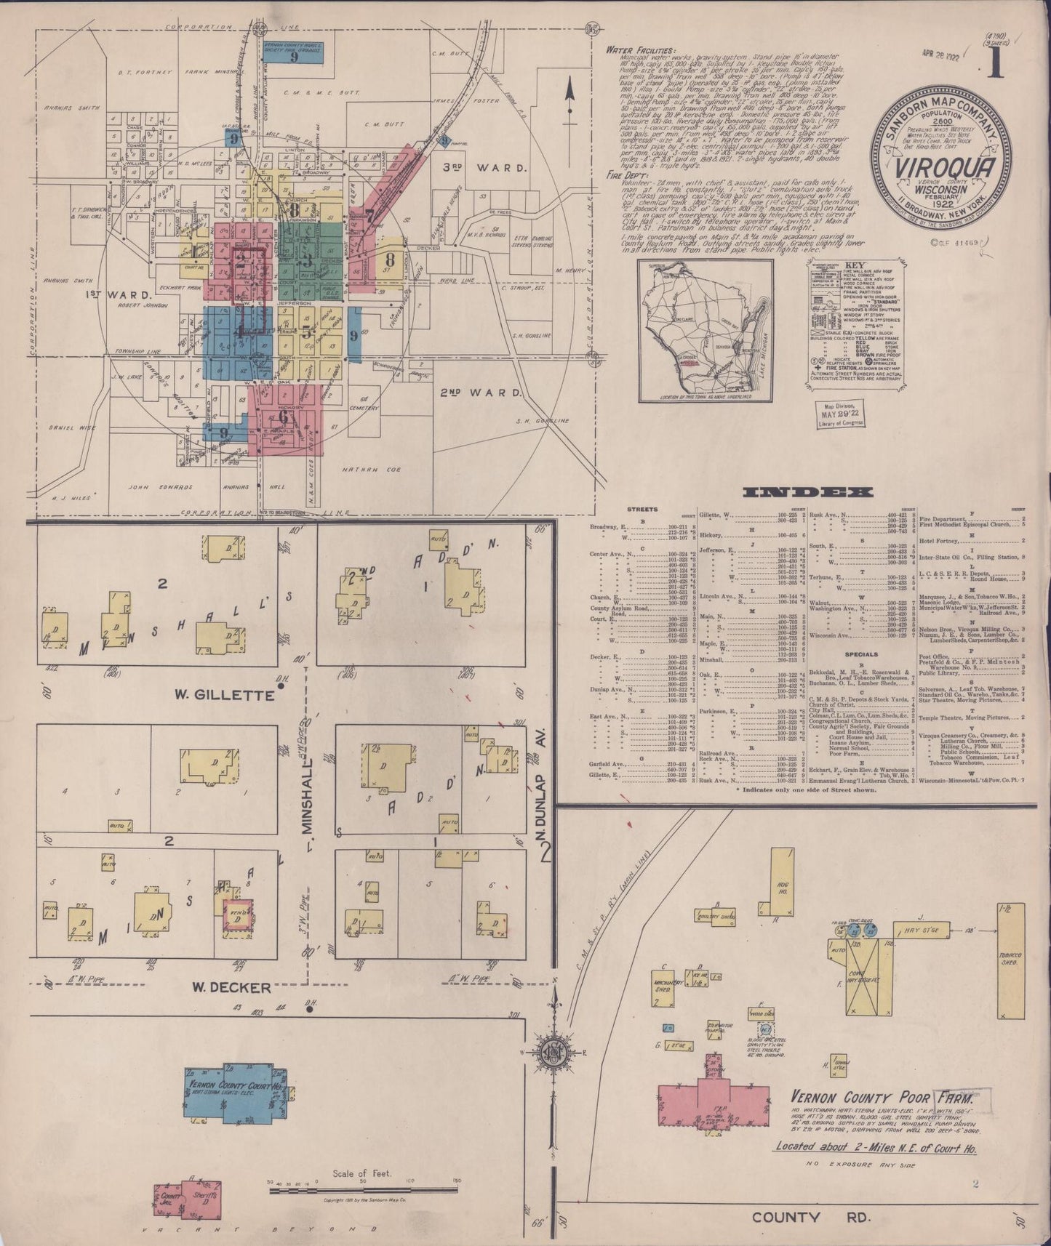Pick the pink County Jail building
click(x=171, y=1199)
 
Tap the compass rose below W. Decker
click(x=555, y=1052)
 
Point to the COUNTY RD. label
click(x=787, y=1216)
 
